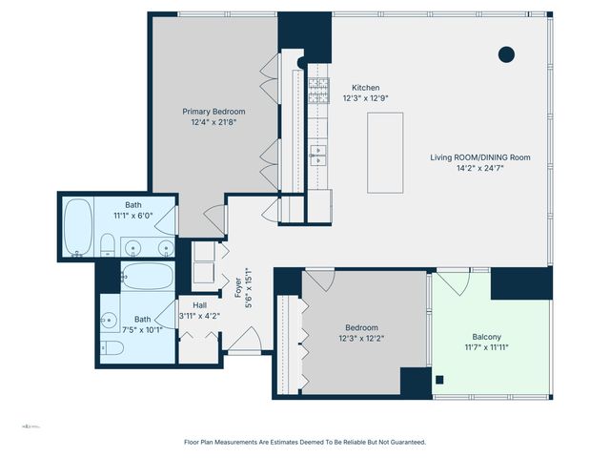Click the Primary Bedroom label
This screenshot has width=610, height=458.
pyautogui.click(x=208, y=111)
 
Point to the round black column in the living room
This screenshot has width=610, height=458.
pyautogui.click(x=507, y=53)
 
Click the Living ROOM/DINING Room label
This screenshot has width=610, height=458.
pyautogui.click(x=479, y=157)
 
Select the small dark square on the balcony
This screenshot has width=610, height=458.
pyautogui.click(x=438, y=379)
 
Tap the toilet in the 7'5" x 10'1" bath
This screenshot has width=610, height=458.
pyautogui.click(x=112, y=348)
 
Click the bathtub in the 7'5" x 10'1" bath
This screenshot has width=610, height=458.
pyautogui.click(x=148, y=278)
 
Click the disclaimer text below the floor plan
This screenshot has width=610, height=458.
pyautogui.click(x=304, y=442)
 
